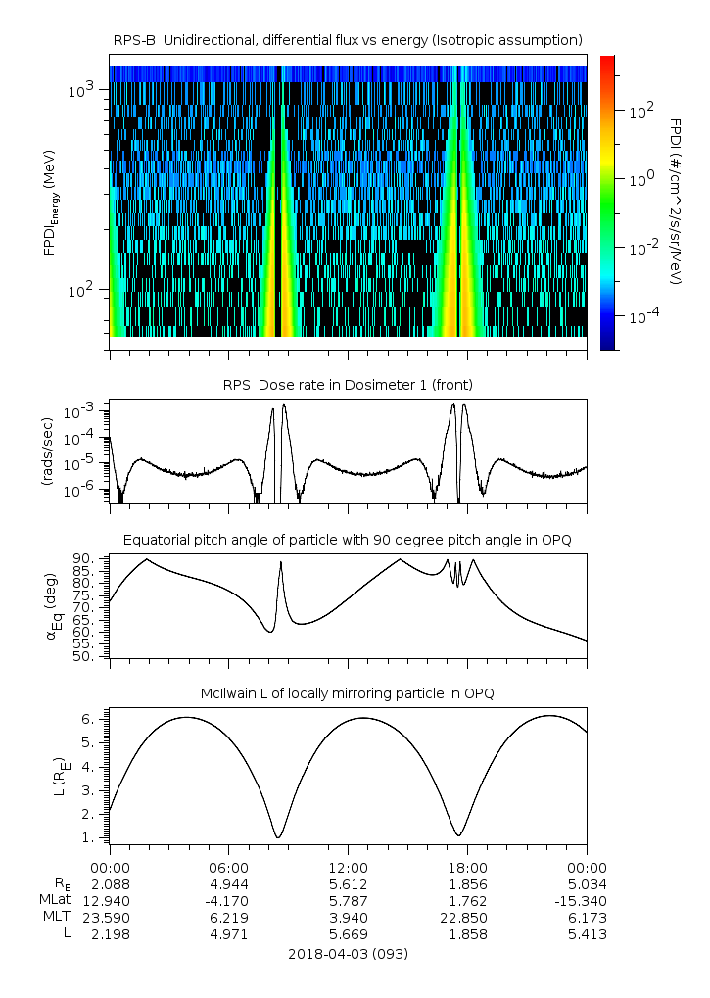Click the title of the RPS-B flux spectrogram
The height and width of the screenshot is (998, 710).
tap(348, 41)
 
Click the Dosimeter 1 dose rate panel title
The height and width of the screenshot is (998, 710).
tap(348, 385)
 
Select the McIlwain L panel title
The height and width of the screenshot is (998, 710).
tap(348, 693)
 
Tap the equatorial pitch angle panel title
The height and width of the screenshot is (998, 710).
tap(348, 540)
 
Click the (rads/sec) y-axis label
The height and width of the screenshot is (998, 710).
tap(48, 451)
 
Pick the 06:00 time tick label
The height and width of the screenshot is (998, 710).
tap(229, 868)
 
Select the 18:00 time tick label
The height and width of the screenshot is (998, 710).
tap(467, 868)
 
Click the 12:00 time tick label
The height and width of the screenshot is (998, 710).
tap(348, 868)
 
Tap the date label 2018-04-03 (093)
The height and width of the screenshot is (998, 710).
tap(348, 954)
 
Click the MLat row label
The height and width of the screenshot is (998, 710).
tap(55, 901)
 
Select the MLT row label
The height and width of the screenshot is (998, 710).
tap(57, 917)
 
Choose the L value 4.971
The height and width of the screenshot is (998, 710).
tap(229, 934)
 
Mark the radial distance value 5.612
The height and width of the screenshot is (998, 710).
tap(348, 884)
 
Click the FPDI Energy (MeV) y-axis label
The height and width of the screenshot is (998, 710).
tap(50, 203)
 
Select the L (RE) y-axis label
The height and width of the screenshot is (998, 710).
tap(60, 777)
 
